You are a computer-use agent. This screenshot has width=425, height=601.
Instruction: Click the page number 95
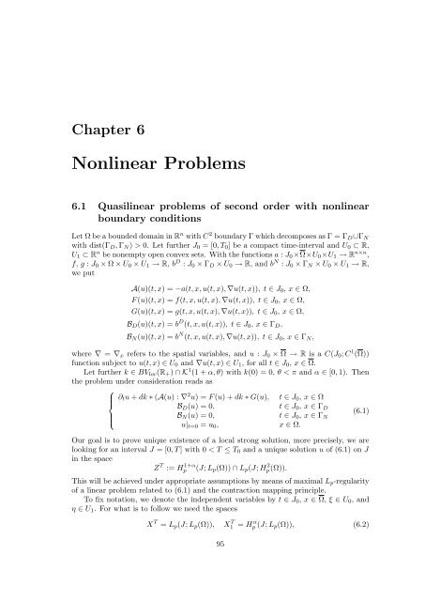pos(212,570)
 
